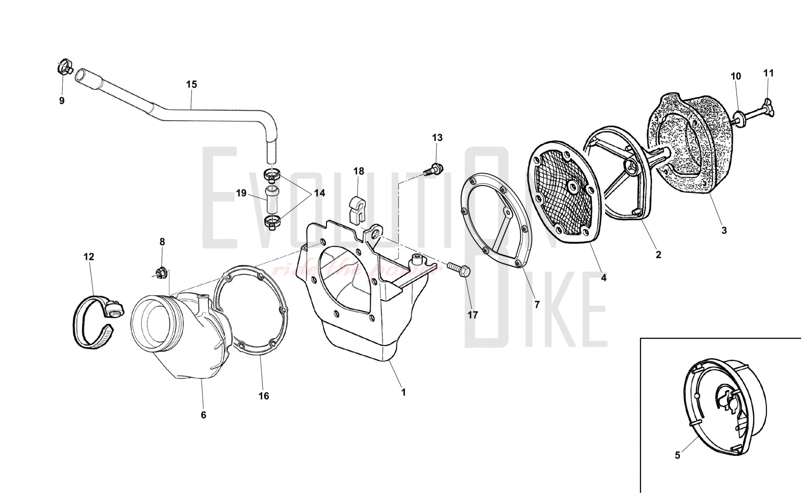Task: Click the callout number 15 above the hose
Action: click(x=192, y=84)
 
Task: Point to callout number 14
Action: click(x=320, y=193)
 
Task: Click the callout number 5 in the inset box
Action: click(x=678, y=456)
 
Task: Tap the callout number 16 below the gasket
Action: click(x=264, y=396)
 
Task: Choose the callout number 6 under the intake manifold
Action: click(x=203, y=415)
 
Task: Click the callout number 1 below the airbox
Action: click(x=403, y=392)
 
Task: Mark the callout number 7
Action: click(x=537, y=304)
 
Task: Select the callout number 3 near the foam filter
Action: click(x=724, y=230)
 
